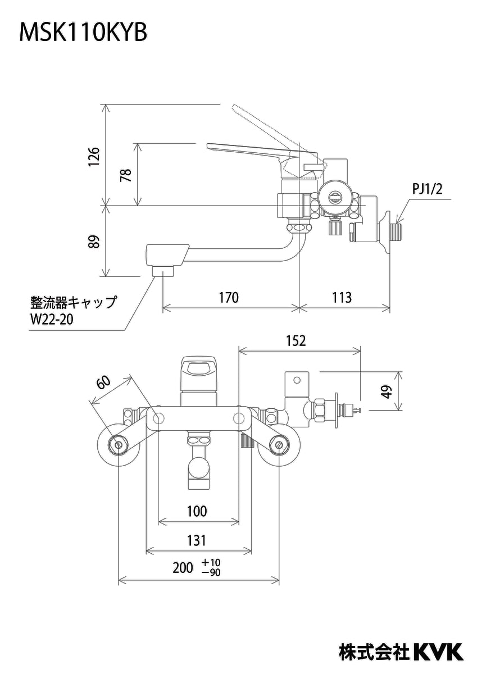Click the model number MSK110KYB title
coord(83,33)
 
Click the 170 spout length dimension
coord(229,297)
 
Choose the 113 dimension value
coord(342,297)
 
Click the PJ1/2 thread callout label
coord(427,190)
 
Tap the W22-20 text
coord(52,320)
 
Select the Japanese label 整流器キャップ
coord(73,302)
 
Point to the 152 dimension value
coord(296,340)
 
